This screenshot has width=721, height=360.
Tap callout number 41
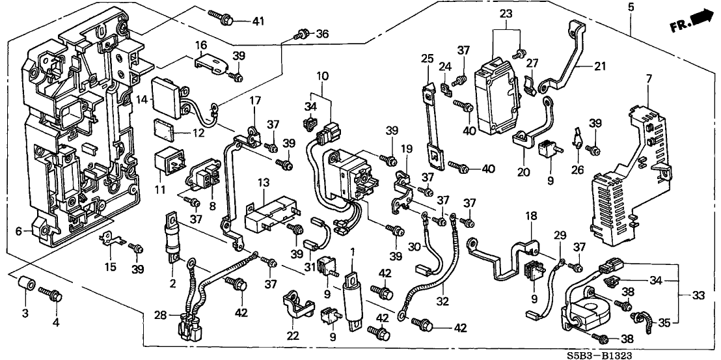pyautogui.click(x=258, y=21)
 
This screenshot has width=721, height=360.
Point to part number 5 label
pyautogui.click(x=631, y=8)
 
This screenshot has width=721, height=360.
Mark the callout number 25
pyautogui.click(x=426, y=58)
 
